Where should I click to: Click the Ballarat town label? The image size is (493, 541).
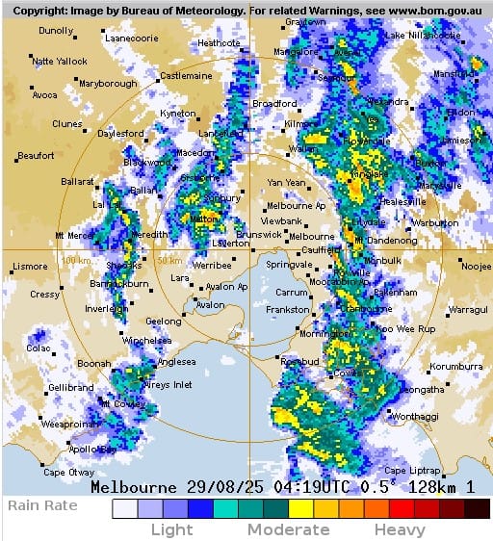(x=77, y=180)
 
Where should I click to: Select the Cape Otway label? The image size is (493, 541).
(x=68, y=472)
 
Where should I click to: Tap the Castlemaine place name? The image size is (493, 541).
(x=186, y=75)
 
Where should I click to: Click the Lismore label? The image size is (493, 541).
(x=29, y=267)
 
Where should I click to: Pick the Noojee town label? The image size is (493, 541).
(x=475, y=267)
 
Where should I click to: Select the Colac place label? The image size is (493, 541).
(x=39, y=348)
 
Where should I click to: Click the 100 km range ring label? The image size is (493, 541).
(x=76, y=260)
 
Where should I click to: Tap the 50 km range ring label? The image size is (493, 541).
(x=170, y=260)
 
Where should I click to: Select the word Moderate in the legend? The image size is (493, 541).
(x=288, y=529)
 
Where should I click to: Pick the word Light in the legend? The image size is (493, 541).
(x=171, y=529)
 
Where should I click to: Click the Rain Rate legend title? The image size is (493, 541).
(x=41, y=504)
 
